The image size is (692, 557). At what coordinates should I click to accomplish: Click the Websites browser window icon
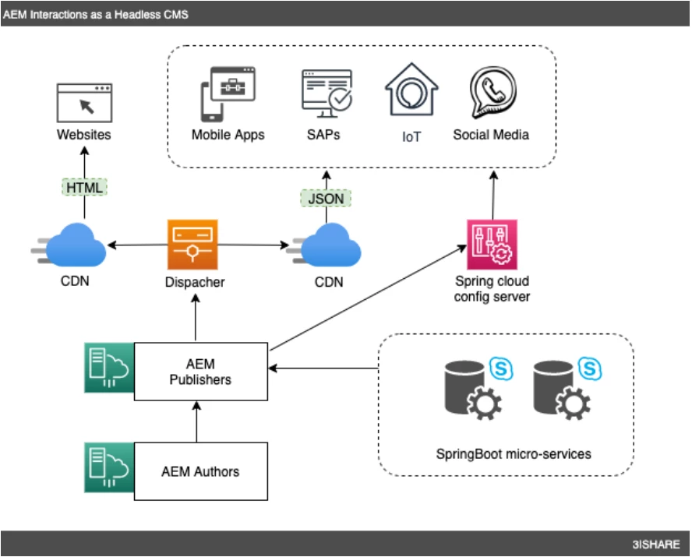[84, 102]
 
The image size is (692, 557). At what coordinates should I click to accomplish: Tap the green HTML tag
[84, 187]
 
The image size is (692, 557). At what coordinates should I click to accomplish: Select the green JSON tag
[327, 199]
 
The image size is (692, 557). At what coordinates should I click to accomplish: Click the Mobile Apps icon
[228, 95]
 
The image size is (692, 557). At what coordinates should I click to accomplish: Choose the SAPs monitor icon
[327, 94]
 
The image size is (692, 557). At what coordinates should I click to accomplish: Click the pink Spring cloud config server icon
[492, 244]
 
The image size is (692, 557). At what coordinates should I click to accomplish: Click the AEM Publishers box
[201, 372]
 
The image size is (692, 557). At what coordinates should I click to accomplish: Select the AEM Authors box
[201, 471]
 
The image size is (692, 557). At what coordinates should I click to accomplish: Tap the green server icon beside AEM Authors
[109, 467]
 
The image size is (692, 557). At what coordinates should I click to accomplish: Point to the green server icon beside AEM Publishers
[109, 367]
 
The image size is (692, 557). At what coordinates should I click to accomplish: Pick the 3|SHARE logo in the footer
[655, 544]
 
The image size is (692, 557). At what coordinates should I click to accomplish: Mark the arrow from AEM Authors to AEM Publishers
[196, 422]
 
